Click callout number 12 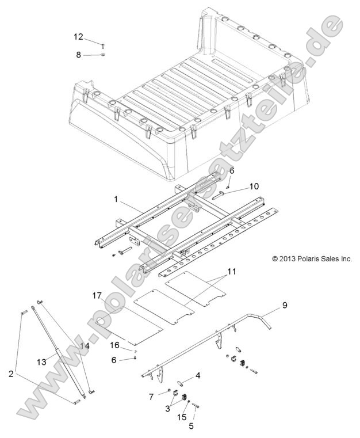click(78, 36)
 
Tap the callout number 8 click(78, 55)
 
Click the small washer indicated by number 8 click(102, 55)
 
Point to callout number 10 click(254, 186)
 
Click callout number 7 click(151, 397)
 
